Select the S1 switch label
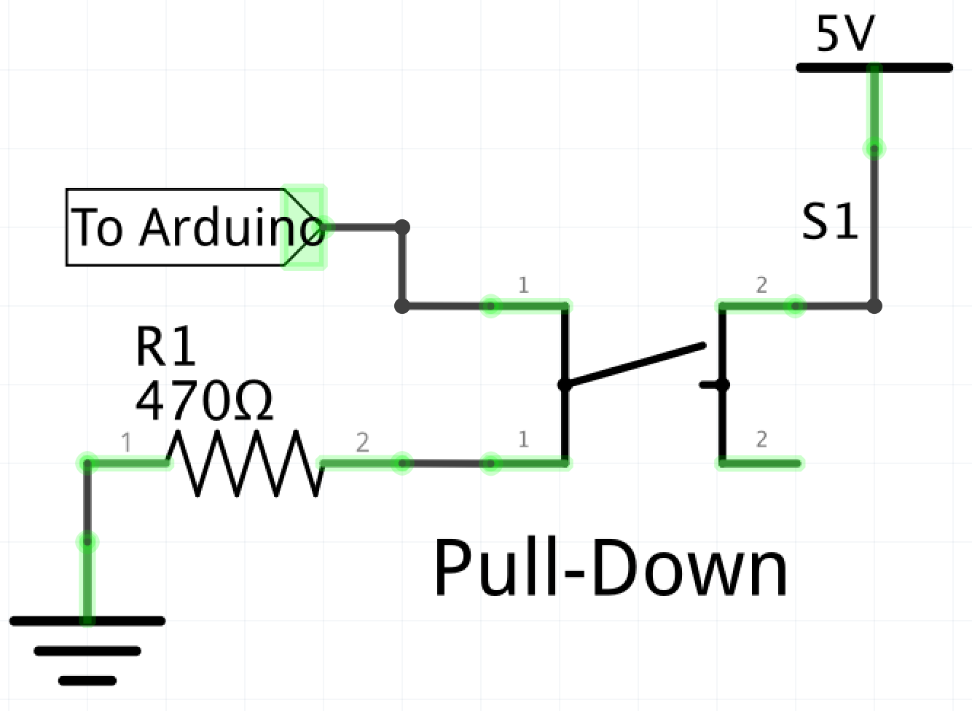click(x=830, y=221)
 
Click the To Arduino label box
click(x=175, y=227)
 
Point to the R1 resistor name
click(x=166, y=347)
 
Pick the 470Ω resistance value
click(x=204, y=401)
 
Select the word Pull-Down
click(x=611, y=568)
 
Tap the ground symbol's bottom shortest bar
click(x=87, y=681)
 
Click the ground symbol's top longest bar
click(x=87, y=621)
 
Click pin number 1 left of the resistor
click(x=127, y=442)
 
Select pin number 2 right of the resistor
click(x=362, y=442)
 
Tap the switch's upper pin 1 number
click(x=523, y=285)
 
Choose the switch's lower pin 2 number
click(x=761, y=439)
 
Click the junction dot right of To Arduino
click(x=402, y=227)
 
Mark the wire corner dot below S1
click(x=874, y=306)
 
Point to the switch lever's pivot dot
click(x=565, y=385)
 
